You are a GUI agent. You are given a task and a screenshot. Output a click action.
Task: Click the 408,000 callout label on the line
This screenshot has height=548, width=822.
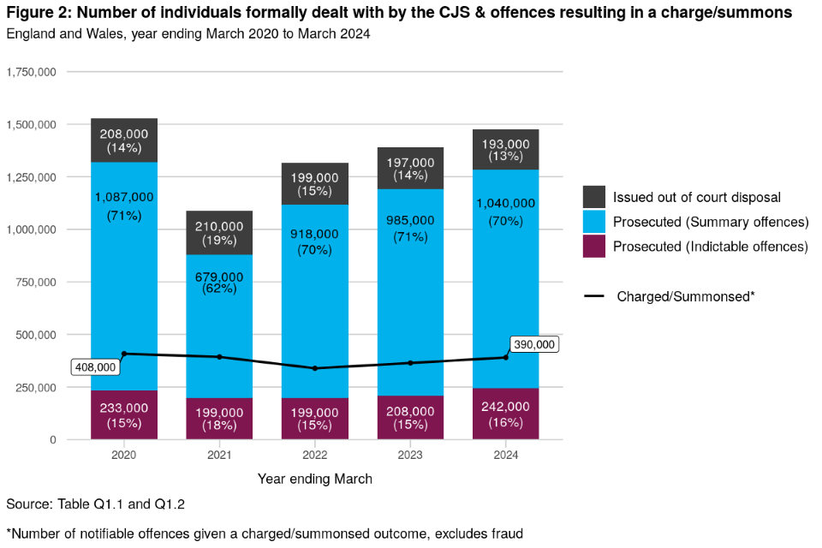95,366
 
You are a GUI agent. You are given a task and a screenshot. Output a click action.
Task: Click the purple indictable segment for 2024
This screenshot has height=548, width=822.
506,414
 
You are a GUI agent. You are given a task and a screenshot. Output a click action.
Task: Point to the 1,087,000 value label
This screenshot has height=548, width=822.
124,196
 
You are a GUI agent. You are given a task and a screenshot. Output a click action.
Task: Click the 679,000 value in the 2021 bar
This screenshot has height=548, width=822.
219,277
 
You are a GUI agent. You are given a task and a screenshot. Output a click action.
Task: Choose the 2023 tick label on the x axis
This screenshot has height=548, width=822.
410,456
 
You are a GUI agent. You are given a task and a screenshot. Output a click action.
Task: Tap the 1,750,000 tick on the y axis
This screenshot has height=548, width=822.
32,72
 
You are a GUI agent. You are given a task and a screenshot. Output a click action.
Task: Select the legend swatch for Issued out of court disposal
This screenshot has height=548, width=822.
594,197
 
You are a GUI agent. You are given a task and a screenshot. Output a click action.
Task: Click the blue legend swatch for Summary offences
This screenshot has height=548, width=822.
594,222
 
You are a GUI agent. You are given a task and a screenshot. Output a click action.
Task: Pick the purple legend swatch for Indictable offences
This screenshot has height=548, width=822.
594,247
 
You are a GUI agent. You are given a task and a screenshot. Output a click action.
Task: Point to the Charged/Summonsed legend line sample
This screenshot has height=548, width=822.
594,296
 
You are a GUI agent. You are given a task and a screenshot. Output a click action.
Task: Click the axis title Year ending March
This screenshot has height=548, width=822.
315,479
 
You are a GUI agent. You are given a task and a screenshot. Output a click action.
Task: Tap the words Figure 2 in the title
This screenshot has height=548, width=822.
39,13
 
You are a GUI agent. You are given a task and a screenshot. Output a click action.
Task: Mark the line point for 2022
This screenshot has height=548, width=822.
315,368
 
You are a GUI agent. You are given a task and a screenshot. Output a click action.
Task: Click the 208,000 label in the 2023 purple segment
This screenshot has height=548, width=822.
410,411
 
